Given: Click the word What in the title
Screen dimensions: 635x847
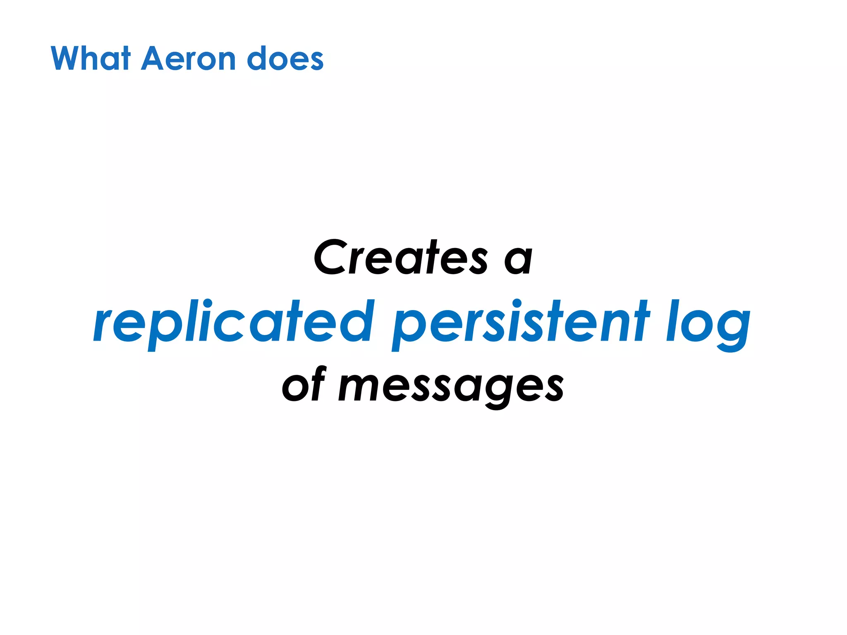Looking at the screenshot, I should pos(91,58).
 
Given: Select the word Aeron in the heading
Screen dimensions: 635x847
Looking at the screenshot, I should pos(189,58).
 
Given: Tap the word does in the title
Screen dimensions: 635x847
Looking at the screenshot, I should pos(285,58).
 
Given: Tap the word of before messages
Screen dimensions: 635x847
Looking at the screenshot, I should pos(304,385).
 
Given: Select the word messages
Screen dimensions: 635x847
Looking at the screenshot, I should pos(451,387).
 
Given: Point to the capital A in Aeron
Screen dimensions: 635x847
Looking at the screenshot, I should pos(154,58).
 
